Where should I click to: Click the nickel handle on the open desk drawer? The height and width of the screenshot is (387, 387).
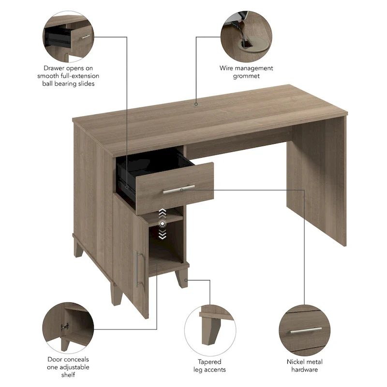pos(179,189)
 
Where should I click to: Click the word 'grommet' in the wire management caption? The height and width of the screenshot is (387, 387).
pos(246,76)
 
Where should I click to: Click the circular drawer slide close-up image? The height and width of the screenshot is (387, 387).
pos(68,35)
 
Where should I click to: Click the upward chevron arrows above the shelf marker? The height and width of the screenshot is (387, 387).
pos(163,213)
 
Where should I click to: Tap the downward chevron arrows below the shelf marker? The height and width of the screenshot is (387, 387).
pos(163,234)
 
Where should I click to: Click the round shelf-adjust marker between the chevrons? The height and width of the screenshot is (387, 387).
pos(163,223)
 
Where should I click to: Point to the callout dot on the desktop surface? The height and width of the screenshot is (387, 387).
pos(196,104)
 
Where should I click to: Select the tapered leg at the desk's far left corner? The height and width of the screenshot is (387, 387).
pos(78,247)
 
